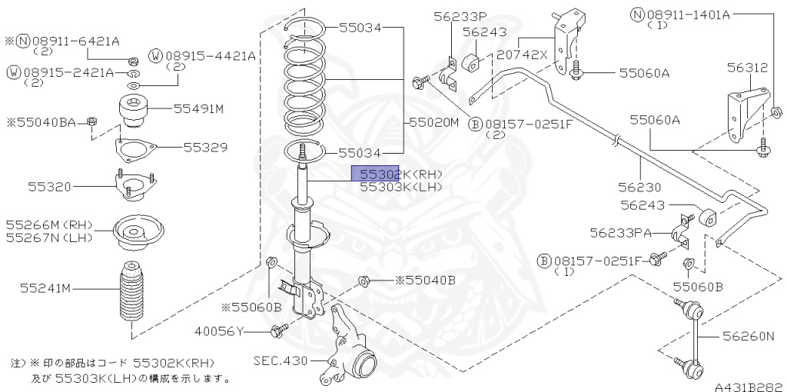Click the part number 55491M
(x=198, y=109)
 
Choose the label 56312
(x=747, y=68)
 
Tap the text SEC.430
(x=281, y=360)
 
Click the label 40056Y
(x=219, y=331)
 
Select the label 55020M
(x=433, y=122)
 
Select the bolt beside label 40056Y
(x=278, y=331)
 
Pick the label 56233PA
(x=620, y=231)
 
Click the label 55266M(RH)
(x=48, y=225)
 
